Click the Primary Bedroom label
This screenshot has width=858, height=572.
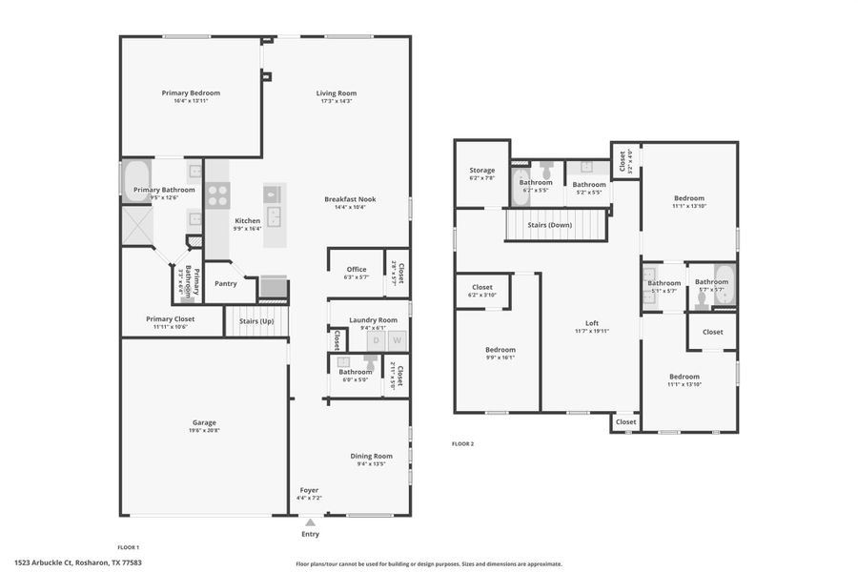[x=191, y=92]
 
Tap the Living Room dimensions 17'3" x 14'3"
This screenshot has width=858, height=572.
[x=337, y=101]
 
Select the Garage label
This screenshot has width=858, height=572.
[x=204, y=422]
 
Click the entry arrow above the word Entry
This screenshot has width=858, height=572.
[x=310, y=522]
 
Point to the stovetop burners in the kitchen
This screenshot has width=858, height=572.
[x=217, y=195]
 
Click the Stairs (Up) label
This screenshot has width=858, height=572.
[x=256, y=322]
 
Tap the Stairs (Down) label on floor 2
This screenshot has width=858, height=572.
[x=556, y=225]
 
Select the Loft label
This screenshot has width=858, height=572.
[x=591, y=323]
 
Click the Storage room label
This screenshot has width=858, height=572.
[x=481, y=170]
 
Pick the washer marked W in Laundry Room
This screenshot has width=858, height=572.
[x=398, y=340]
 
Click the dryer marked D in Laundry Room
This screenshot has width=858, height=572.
[x=376, y=340]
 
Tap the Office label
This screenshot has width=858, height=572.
[x=356, y=269]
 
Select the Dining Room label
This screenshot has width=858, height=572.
[x=370, y=456]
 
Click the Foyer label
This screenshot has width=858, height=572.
[x=309, y=489]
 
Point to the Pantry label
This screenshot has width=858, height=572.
[x=226, y=283]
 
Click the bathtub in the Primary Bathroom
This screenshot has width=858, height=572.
[x=135, y=180]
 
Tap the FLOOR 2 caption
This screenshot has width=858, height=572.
[x=462, y=443]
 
